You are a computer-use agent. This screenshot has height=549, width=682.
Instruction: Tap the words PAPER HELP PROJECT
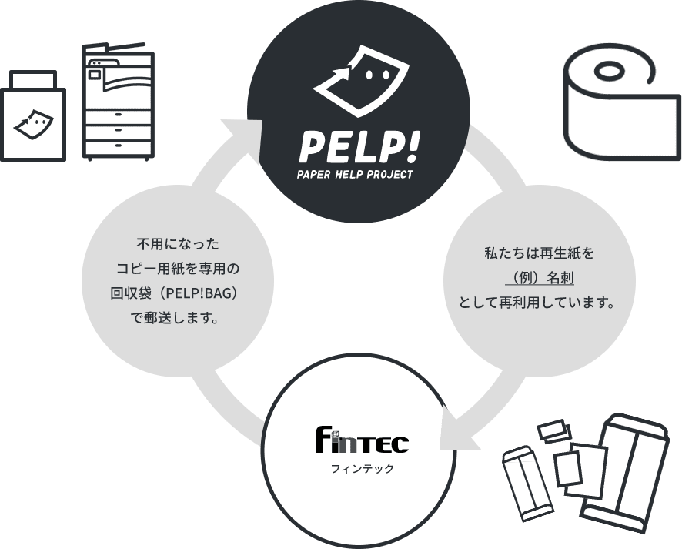click(x=355, y=174)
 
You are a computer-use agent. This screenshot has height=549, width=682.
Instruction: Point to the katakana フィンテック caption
click(x=361, y=467)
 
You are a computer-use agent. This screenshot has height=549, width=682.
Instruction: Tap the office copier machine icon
click(x=119, y=104)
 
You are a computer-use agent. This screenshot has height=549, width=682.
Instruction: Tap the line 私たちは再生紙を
click(x=539, y=253)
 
